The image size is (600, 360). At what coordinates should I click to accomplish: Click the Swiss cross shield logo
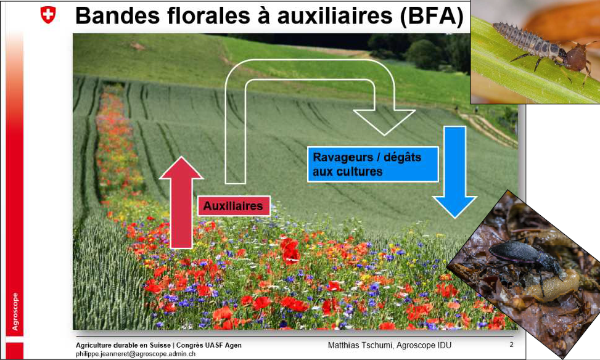47,15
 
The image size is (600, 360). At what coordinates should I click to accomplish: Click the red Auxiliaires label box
234,206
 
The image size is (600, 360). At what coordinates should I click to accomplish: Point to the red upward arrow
181,203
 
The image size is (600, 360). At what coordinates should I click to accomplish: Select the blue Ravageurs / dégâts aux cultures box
372,164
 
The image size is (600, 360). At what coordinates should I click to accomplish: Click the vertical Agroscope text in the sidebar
15,311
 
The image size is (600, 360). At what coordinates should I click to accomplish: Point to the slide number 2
511,345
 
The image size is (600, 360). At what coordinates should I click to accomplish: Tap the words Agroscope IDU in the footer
432,345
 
